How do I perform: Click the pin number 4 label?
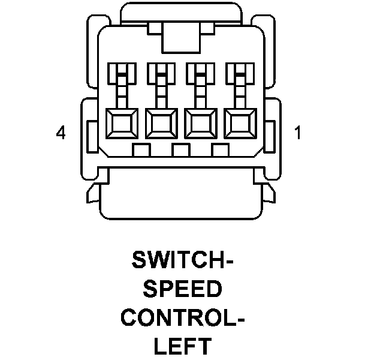tap(60, 133)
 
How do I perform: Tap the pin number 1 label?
tap(298, 133)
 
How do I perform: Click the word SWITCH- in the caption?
tap(182, 262)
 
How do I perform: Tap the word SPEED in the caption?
tap(182, 290)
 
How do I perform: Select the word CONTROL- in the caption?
tap(182, 318)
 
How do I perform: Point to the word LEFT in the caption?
tap(182, 346)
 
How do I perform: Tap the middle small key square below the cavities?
tap(180, 150)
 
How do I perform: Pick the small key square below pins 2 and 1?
tap(220, 150)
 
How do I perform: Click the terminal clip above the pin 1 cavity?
tap(239, 75)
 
